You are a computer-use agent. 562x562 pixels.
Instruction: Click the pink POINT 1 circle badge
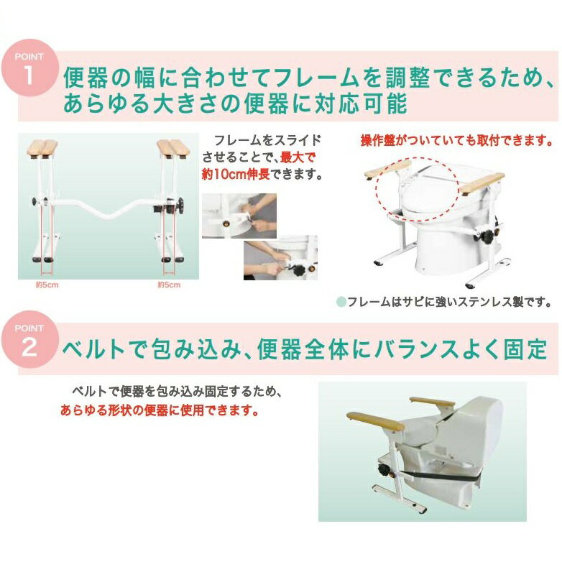[29, 68]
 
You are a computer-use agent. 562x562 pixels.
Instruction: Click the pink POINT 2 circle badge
[29, 339]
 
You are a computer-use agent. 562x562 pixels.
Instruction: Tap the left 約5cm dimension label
[47, 285]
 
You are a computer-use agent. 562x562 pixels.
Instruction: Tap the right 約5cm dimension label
[169, 285]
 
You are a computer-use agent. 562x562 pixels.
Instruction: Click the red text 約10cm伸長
[236, 175]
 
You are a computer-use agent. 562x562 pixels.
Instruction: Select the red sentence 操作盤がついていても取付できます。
[456, 140]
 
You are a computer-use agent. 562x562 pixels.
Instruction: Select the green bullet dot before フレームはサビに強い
[341, 302]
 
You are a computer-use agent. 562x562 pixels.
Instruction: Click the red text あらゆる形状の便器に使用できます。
[160, 410]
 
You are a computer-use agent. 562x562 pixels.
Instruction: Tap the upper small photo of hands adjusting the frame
[239, 216]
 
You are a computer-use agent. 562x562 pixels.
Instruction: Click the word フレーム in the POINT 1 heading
[316, 78]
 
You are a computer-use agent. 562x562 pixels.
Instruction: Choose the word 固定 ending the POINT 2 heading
[525, 349]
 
